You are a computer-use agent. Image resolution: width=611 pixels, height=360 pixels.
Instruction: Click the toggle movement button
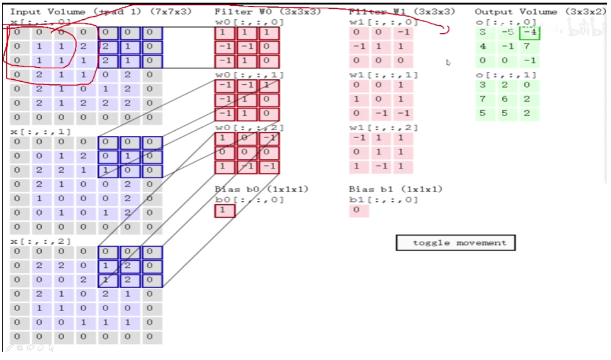coord(456,243)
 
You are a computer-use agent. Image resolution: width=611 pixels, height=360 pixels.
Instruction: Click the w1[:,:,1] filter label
coord(384,75)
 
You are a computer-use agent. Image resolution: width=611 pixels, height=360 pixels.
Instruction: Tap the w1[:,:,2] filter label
coord(384,128)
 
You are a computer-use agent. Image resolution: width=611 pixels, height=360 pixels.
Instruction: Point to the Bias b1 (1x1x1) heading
coord(396,189)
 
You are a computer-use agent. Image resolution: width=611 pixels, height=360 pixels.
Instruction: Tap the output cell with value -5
coord(507,32)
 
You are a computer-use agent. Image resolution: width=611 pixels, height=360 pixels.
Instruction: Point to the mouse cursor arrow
coord(448,63)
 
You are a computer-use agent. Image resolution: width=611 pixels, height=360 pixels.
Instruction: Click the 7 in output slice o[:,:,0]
coord(528,46)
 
